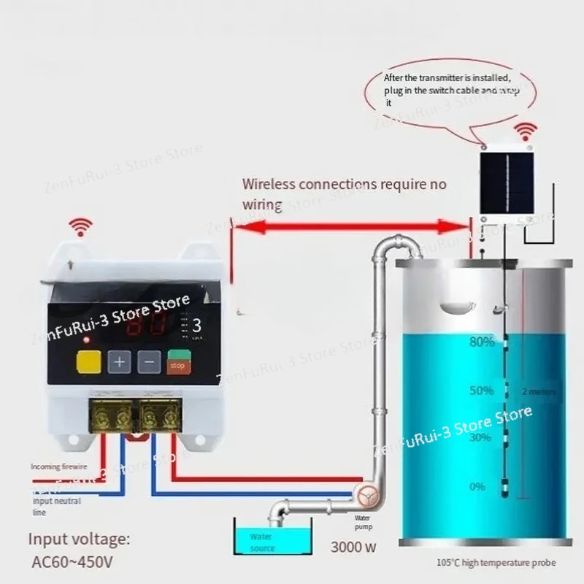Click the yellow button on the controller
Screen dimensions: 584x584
click(x=88, y=362)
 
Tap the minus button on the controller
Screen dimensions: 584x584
click(x=150, y=361)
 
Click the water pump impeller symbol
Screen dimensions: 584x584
click(x=365, y=496)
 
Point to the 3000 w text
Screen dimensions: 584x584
click(x=354, y=546)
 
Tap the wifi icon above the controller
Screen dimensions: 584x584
click(x=79, y=227)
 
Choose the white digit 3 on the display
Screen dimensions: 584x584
click(x=196, y=327)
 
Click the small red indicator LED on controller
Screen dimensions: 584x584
click(x=87, y=340)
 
